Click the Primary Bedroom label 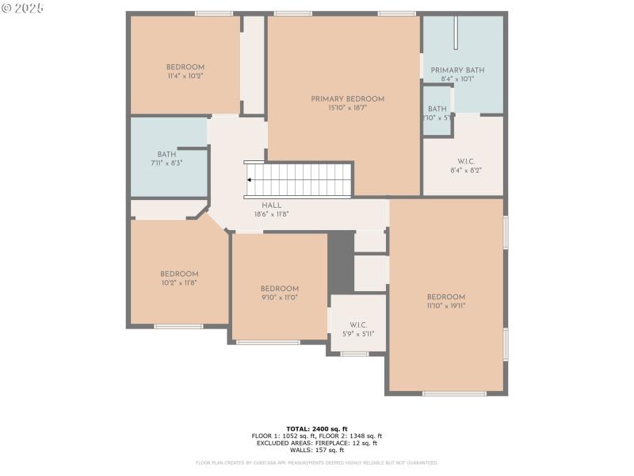[347, 99]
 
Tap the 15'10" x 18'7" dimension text [347, 108]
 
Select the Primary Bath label [457, 71]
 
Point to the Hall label [271, 205]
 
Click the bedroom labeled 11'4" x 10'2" [185, 71]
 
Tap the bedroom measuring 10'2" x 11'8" [179, 278]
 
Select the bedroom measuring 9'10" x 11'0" [280, 293]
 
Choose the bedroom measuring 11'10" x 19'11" [446, 301]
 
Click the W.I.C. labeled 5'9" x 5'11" [358, 329]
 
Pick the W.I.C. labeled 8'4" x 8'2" [465, 166]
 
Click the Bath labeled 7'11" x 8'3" [166, 159]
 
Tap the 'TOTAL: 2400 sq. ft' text [317, 428]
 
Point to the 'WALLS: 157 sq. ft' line [317, 450]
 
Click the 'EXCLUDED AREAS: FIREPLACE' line [317, 443]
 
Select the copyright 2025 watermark [23, 7]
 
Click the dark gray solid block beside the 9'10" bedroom [341, 262]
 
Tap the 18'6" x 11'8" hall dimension [271, 214]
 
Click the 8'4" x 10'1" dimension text [457, 79]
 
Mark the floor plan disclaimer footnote [317, 463]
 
